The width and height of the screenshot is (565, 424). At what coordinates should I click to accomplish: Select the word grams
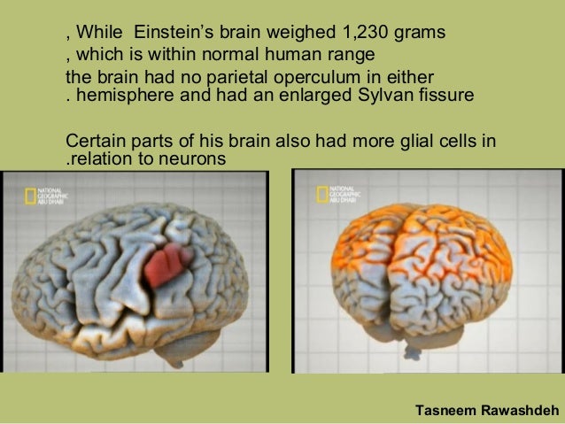click(415, 34)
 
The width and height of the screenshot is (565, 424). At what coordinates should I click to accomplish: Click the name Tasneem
click(445, 410)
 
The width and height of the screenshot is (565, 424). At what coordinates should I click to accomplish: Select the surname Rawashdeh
click(518, 410)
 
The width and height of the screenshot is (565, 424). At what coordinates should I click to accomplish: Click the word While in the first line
click(99, 34)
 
